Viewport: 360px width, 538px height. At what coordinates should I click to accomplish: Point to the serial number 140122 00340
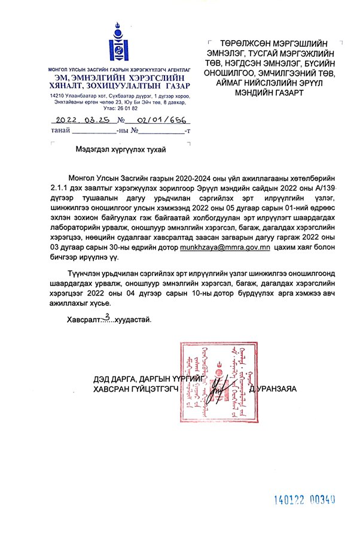click(x=304, y=499)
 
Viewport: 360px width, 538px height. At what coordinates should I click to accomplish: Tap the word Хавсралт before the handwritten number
click(x=83, y=320)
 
